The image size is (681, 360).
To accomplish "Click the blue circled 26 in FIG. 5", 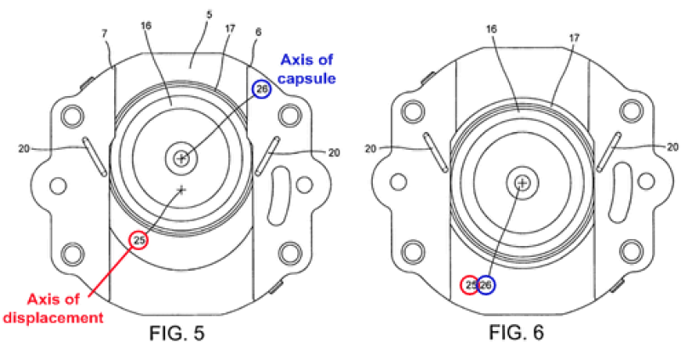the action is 261,89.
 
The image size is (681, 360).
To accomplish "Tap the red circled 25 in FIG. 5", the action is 139,241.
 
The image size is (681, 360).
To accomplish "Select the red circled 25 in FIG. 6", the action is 470,285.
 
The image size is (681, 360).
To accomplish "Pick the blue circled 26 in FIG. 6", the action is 486,285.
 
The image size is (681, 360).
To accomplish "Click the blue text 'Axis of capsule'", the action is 307,69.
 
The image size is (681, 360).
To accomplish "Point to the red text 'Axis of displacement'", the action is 54,308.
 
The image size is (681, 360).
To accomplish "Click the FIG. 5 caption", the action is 177,334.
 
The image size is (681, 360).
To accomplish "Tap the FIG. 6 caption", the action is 517,333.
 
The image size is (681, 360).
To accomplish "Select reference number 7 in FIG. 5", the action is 105,34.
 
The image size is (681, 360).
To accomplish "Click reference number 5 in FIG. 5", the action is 209,15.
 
